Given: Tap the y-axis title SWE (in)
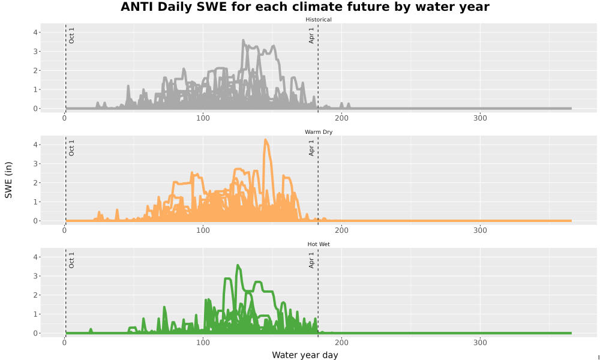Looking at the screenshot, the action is point(8,180).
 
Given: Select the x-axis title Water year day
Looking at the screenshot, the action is point(305,355).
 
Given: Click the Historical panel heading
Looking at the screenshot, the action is point(319,20).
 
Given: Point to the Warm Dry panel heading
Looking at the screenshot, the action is point(319,132).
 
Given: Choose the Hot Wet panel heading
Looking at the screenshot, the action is point(319,244).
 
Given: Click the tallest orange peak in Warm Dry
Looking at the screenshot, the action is point(266,140).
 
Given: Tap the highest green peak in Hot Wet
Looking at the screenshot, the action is point(238,265).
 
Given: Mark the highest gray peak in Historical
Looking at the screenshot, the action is point(243,41).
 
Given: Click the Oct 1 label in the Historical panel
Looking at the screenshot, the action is point(71,35).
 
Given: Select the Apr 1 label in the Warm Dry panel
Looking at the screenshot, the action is point(311,148).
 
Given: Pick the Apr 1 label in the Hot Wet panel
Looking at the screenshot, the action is point(311,260).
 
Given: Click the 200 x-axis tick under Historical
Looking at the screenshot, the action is point(341,118).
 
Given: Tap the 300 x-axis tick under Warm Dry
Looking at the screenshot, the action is point(480,230).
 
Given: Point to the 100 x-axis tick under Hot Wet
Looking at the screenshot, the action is point(203,343).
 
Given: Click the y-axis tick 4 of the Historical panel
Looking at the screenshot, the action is point(35,32).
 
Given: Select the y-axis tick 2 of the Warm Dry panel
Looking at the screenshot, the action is point(35,183).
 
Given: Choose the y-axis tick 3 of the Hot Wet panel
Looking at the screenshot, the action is point(35,276).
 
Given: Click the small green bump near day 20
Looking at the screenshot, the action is point(91,330).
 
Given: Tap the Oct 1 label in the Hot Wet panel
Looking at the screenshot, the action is point(71,260).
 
